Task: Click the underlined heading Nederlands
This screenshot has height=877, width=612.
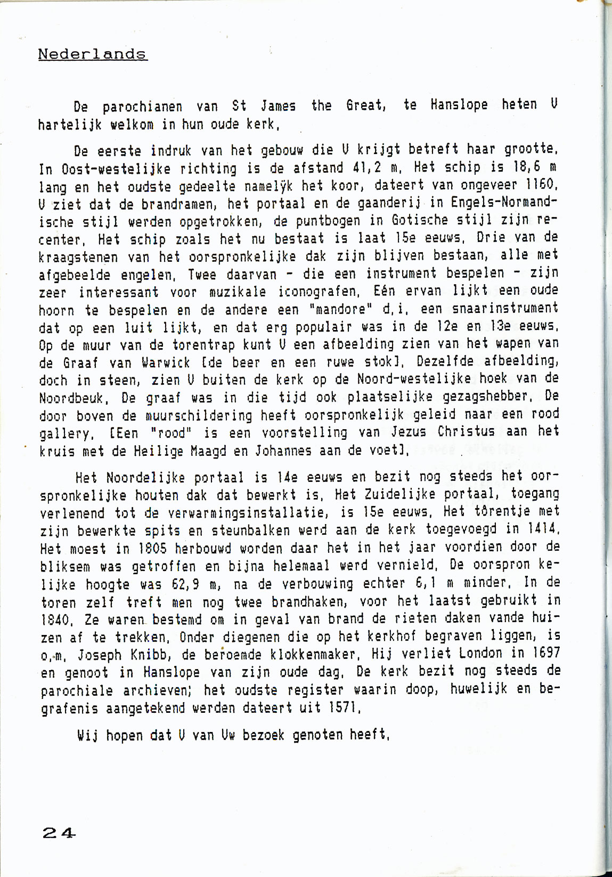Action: pos(92,54)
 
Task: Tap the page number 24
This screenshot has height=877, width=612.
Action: pos(59,833)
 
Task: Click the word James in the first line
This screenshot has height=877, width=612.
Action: pos(278,106)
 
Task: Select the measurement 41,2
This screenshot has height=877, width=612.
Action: pos(367,167)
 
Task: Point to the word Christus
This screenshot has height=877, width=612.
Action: pos(459,431)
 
